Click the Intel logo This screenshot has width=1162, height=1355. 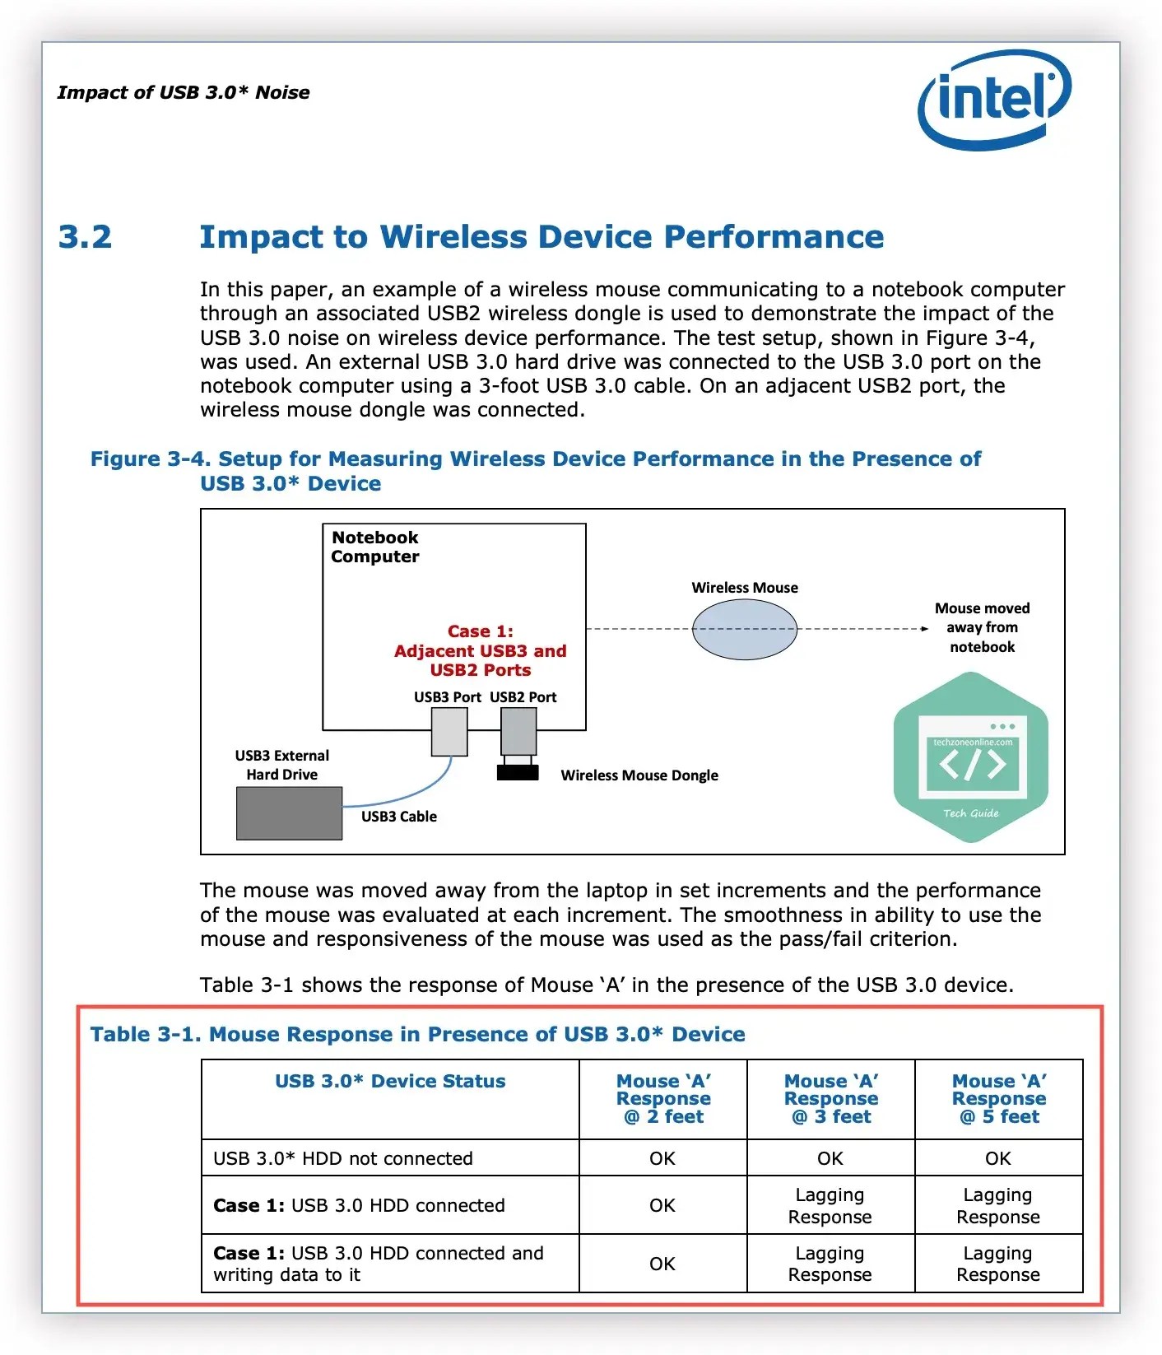point(994,99)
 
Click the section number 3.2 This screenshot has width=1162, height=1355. point(85,237)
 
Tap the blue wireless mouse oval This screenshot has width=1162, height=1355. point(744,629)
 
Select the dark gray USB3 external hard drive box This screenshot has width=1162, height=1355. point(289,813)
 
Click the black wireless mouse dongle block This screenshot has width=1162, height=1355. point(518,772)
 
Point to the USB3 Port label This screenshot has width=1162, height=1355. point(447,697)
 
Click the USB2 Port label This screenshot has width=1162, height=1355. point(523,697)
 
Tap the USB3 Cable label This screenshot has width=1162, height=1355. point(399,817)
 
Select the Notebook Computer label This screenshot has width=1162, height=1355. point(375,547)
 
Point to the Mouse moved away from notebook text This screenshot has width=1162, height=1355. point(982,627)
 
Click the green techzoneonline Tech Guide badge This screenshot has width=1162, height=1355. point(971,757)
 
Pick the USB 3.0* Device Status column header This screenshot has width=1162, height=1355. point(390,1082)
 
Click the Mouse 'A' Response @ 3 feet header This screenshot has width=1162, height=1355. point(831,1099)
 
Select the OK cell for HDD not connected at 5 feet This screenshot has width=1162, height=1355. point(998,1159)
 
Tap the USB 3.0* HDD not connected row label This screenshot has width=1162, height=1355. point(343,1159)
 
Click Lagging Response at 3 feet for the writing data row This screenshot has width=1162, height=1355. point(830,1264)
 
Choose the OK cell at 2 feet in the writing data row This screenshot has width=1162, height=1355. point(662,1264)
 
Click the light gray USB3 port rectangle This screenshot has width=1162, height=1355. point(449,731)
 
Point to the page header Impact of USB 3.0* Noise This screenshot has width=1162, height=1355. point(184,92)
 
